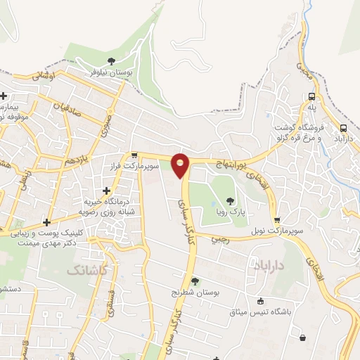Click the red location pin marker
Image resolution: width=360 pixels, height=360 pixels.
(181, 164)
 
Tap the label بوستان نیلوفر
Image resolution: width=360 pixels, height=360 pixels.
(111, 72)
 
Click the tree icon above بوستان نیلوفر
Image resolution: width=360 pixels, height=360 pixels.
(111, 61)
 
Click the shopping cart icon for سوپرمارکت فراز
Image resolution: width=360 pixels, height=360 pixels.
(134, 155)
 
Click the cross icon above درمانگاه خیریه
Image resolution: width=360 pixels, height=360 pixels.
(106, 191)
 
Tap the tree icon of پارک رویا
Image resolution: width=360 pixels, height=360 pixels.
(231, 202)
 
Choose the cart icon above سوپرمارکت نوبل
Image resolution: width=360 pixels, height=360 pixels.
(276, 220)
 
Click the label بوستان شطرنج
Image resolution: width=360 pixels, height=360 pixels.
(195, 291)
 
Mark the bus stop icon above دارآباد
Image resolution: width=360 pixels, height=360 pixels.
(343, 129)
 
